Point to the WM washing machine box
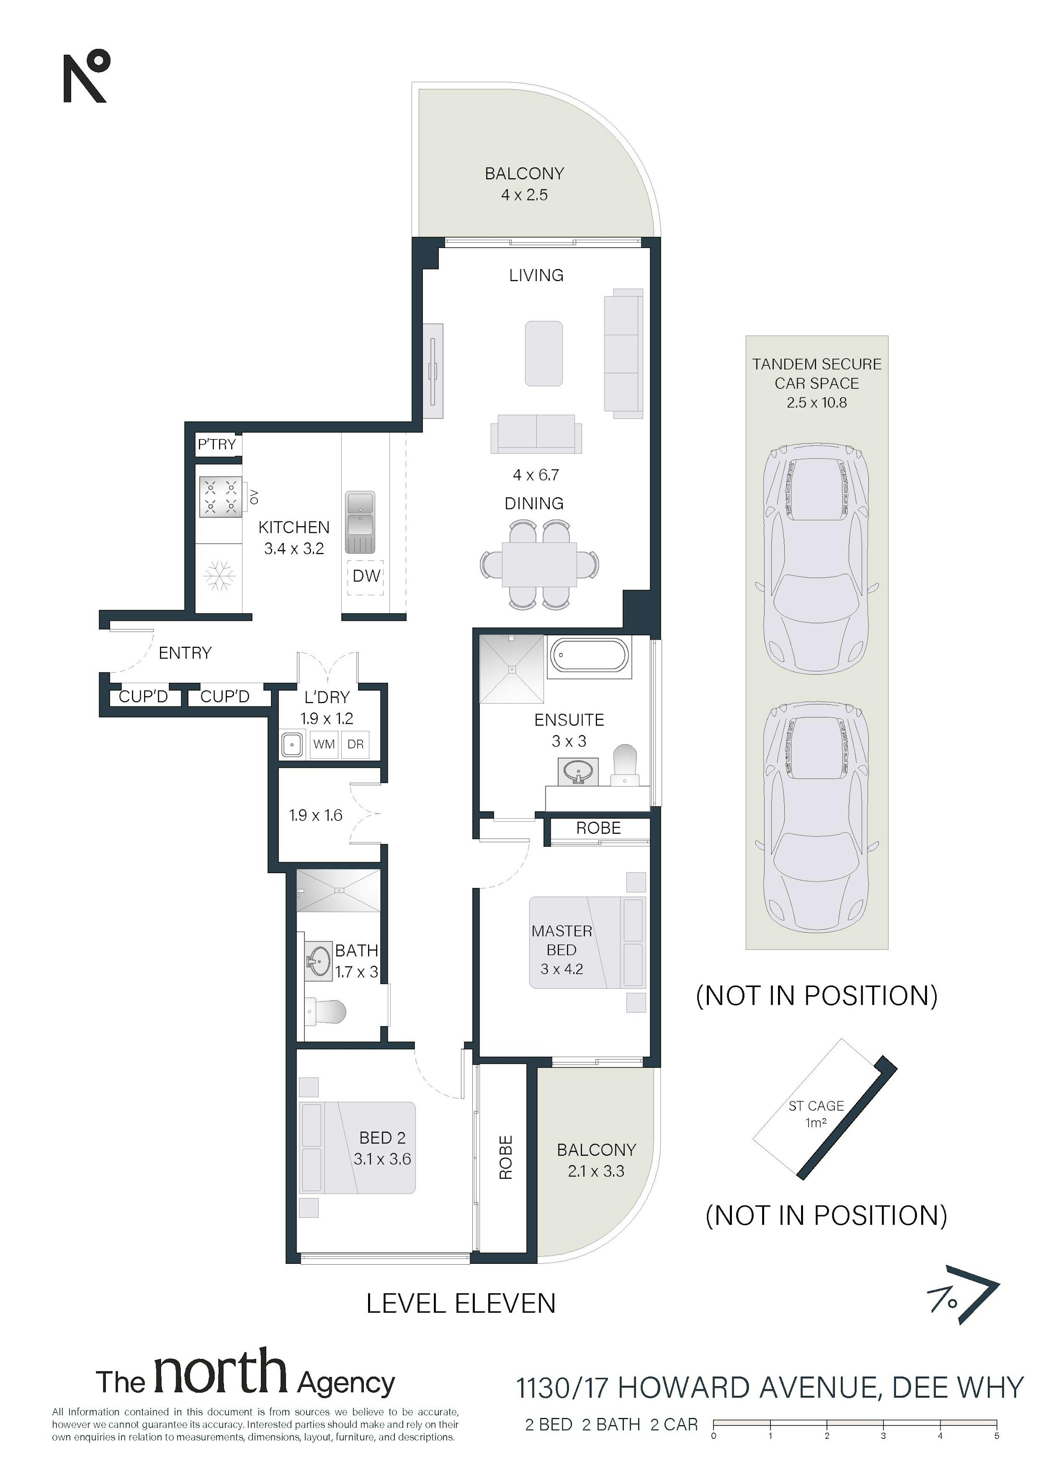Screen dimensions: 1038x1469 [x=324, y=745]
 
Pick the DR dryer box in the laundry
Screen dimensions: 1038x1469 [x=355, y=745]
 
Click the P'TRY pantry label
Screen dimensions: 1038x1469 [x=217, y=444]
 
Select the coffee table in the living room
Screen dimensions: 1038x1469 [x=544, y=354]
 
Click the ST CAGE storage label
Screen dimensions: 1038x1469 [x=816, y=1106]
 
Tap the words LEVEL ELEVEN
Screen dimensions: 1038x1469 [x=461, y=1304]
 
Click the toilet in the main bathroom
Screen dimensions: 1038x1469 [x=326, y=1012]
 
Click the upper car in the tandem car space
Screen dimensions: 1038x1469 [x=817, y=560]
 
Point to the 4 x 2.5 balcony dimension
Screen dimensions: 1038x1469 [x=524, y=195]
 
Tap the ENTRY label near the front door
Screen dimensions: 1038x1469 [x=185, y=653]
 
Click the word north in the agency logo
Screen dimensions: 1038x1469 [x=220, y=1372]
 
